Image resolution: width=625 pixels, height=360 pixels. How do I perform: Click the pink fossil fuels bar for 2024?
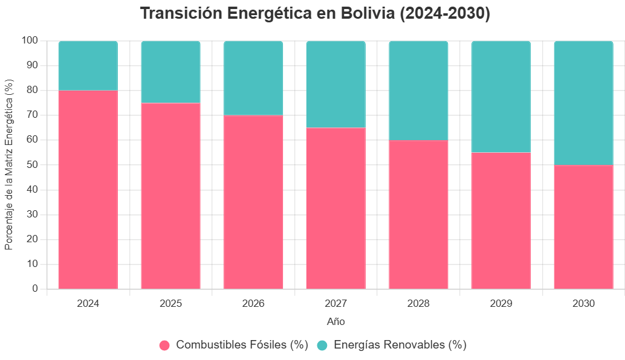click(x=88, y=189)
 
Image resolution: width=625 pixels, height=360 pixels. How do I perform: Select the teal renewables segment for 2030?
click(x=583, y=103)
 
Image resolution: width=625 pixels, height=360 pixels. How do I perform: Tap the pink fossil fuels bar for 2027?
click(x=336, y=208)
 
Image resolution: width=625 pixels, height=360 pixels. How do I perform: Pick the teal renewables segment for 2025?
click(x=170, y=72)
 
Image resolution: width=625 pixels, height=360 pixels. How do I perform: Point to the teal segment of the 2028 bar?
click(x=418, y=90)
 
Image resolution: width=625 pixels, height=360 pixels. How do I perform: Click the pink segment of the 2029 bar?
click(x=501, y=220)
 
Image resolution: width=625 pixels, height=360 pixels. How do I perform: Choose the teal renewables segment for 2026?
click(x=253, y=78)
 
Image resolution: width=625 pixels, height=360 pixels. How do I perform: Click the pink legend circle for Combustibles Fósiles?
click(x=165, y=346)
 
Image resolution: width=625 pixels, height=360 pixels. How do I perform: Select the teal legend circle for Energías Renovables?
click(x=323, y=346)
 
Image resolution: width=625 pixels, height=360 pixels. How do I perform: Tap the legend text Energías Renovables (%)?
click(x=400, y=346)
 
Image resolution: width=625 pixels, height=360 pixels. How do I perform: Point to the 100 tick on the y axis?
click(x=30, y=40)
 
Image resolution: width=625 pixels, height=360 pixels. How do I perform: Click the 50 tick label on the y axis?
click(x=33, y=165)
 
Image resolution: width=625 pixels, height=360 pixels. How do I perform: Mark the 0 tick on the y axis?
click(x=35, y=289)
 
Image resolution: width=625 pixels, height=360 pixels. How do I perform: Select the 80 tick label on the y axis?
click(x=33, y=90)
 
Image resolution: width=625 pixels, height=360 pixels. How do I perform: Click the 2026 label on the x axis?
click(x=253, y=303)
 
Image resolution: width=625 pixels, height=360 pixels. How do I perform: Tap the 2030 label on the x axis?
click(x=583, y=303)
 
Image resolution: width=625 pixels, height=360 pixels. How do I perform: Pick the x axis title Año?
click(x=336, y=321)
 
